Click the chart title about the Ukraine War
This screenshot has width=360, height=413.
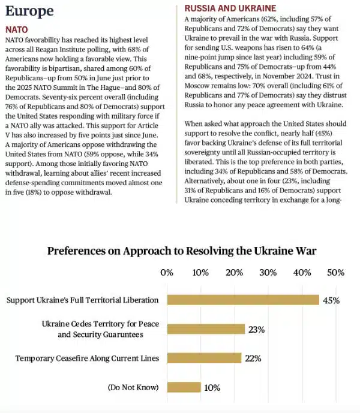[182, 251]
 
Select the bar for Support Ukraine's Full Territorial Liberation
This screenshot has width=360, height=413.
[242, 300]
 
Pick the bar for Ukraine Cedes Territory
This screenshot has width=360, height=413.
[206, 328]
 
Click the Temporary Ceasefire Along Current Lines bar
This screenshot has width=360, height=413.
[204, 358]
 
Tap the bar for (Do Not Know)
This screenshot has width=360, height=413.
[184, 387]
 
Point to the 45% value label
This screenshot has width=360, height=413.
[331, 300]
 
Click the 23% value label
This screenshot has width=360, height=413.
[257, 329]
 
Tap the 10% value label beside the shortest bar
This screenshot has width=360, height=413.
[212, 388]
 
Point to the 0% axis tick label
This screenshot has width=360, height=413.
[167, 273]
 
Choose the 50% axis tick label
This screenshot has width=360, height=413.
[335, 273]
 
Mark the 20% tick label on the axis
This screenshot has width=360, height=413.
[234, 273]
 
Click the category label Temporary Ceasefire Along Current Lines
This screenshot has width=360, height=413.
[88, 358]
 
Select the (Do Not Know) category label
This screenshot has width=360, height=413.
[133, 387]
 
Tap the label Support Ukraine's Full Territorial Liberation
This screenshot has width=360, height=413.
[82, 300]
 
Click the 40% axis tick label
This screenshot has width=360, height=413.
[302, 273]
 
